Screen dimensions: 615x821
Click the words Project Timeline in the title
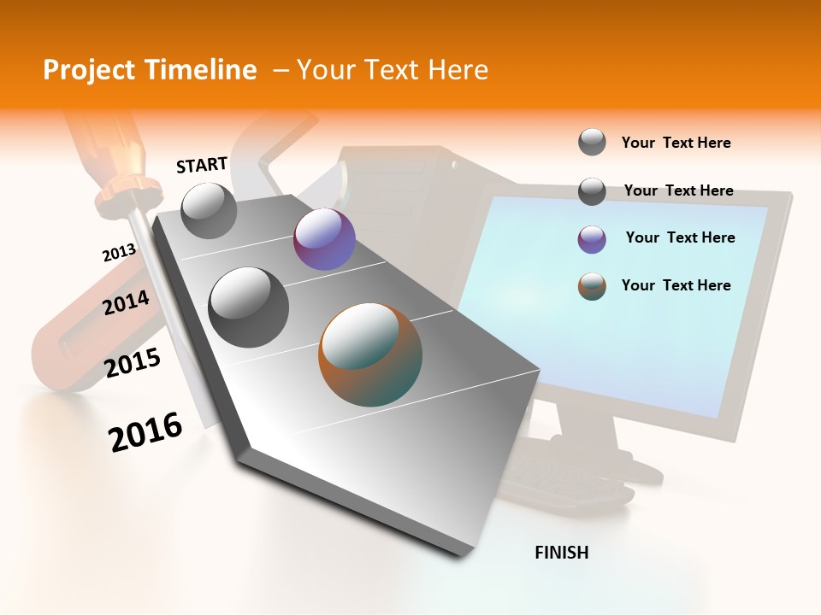(x=150, y=70)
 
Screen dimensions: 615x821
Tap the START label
(x=202, y=165)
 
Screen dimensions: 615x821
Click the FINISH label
(x=561, y=553)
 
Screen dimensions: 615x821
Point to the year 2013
(x=119, y=253)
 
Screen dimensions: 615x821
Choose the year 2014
(x=126, y=302)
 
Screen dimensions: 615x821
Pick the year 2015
(x=133, y=363)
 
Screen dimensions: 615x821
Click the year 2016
(x=145, y=431)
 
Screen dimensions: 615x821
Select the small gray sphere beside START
(x=209, y=210)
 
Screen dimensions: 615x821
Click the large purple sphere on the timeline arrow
(x=324, y=239)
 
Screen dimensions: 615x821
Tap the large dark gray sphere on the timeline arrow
(x=248, y=307)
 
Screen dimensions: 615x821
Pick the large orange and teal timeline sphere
(x=370, y=354)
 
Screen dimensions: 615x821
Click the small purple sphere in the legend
(x=592, y=239)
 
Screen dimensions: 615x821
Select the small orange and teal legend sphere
(x=592, y=286)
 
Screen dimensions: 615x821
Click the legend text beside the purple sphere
(x=680, y=237)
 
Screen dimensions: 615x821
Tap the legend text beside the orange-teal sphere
(x=676, y=285)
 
